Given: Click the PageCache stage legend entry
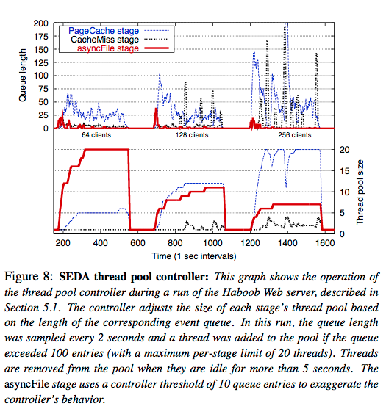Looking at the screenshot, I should [103, 31].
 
